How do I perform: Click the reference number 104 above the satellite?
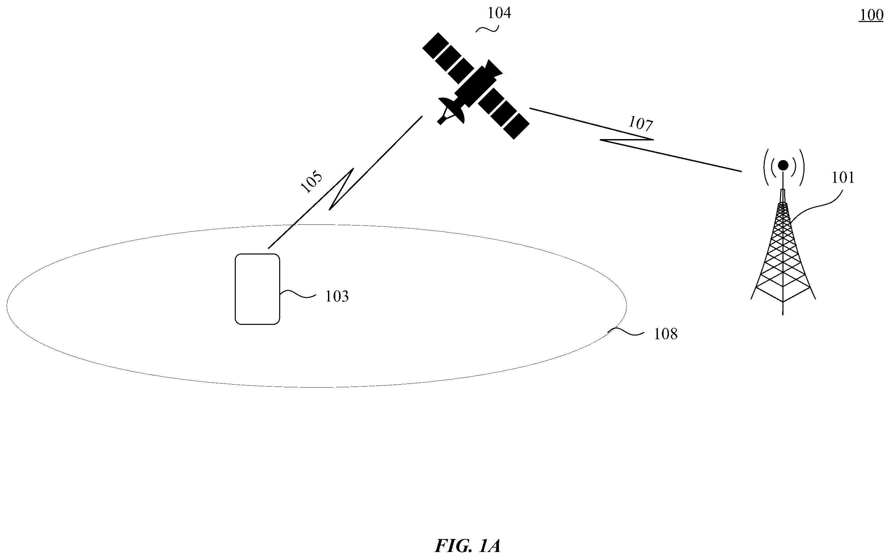(x=499, y=13)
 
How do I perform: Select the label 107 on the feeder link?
(x=641, y=123)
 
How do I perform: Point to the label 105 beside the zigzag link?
(x=311, y=182)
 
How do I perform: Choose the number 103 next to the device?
(x=337, y=297)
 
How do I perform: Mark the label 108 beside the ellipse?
(x=666, y=334)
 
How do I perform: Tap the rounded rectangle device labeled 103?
(x=257, y=289)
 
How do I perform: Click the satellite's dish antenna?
(x=451, y=110)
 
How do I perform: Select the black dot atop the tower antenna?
(x=783, y=165)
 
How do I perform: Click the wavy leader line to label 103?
(x=298, y=294)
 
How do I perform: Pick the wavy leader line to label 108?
(x=626, y=332)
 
